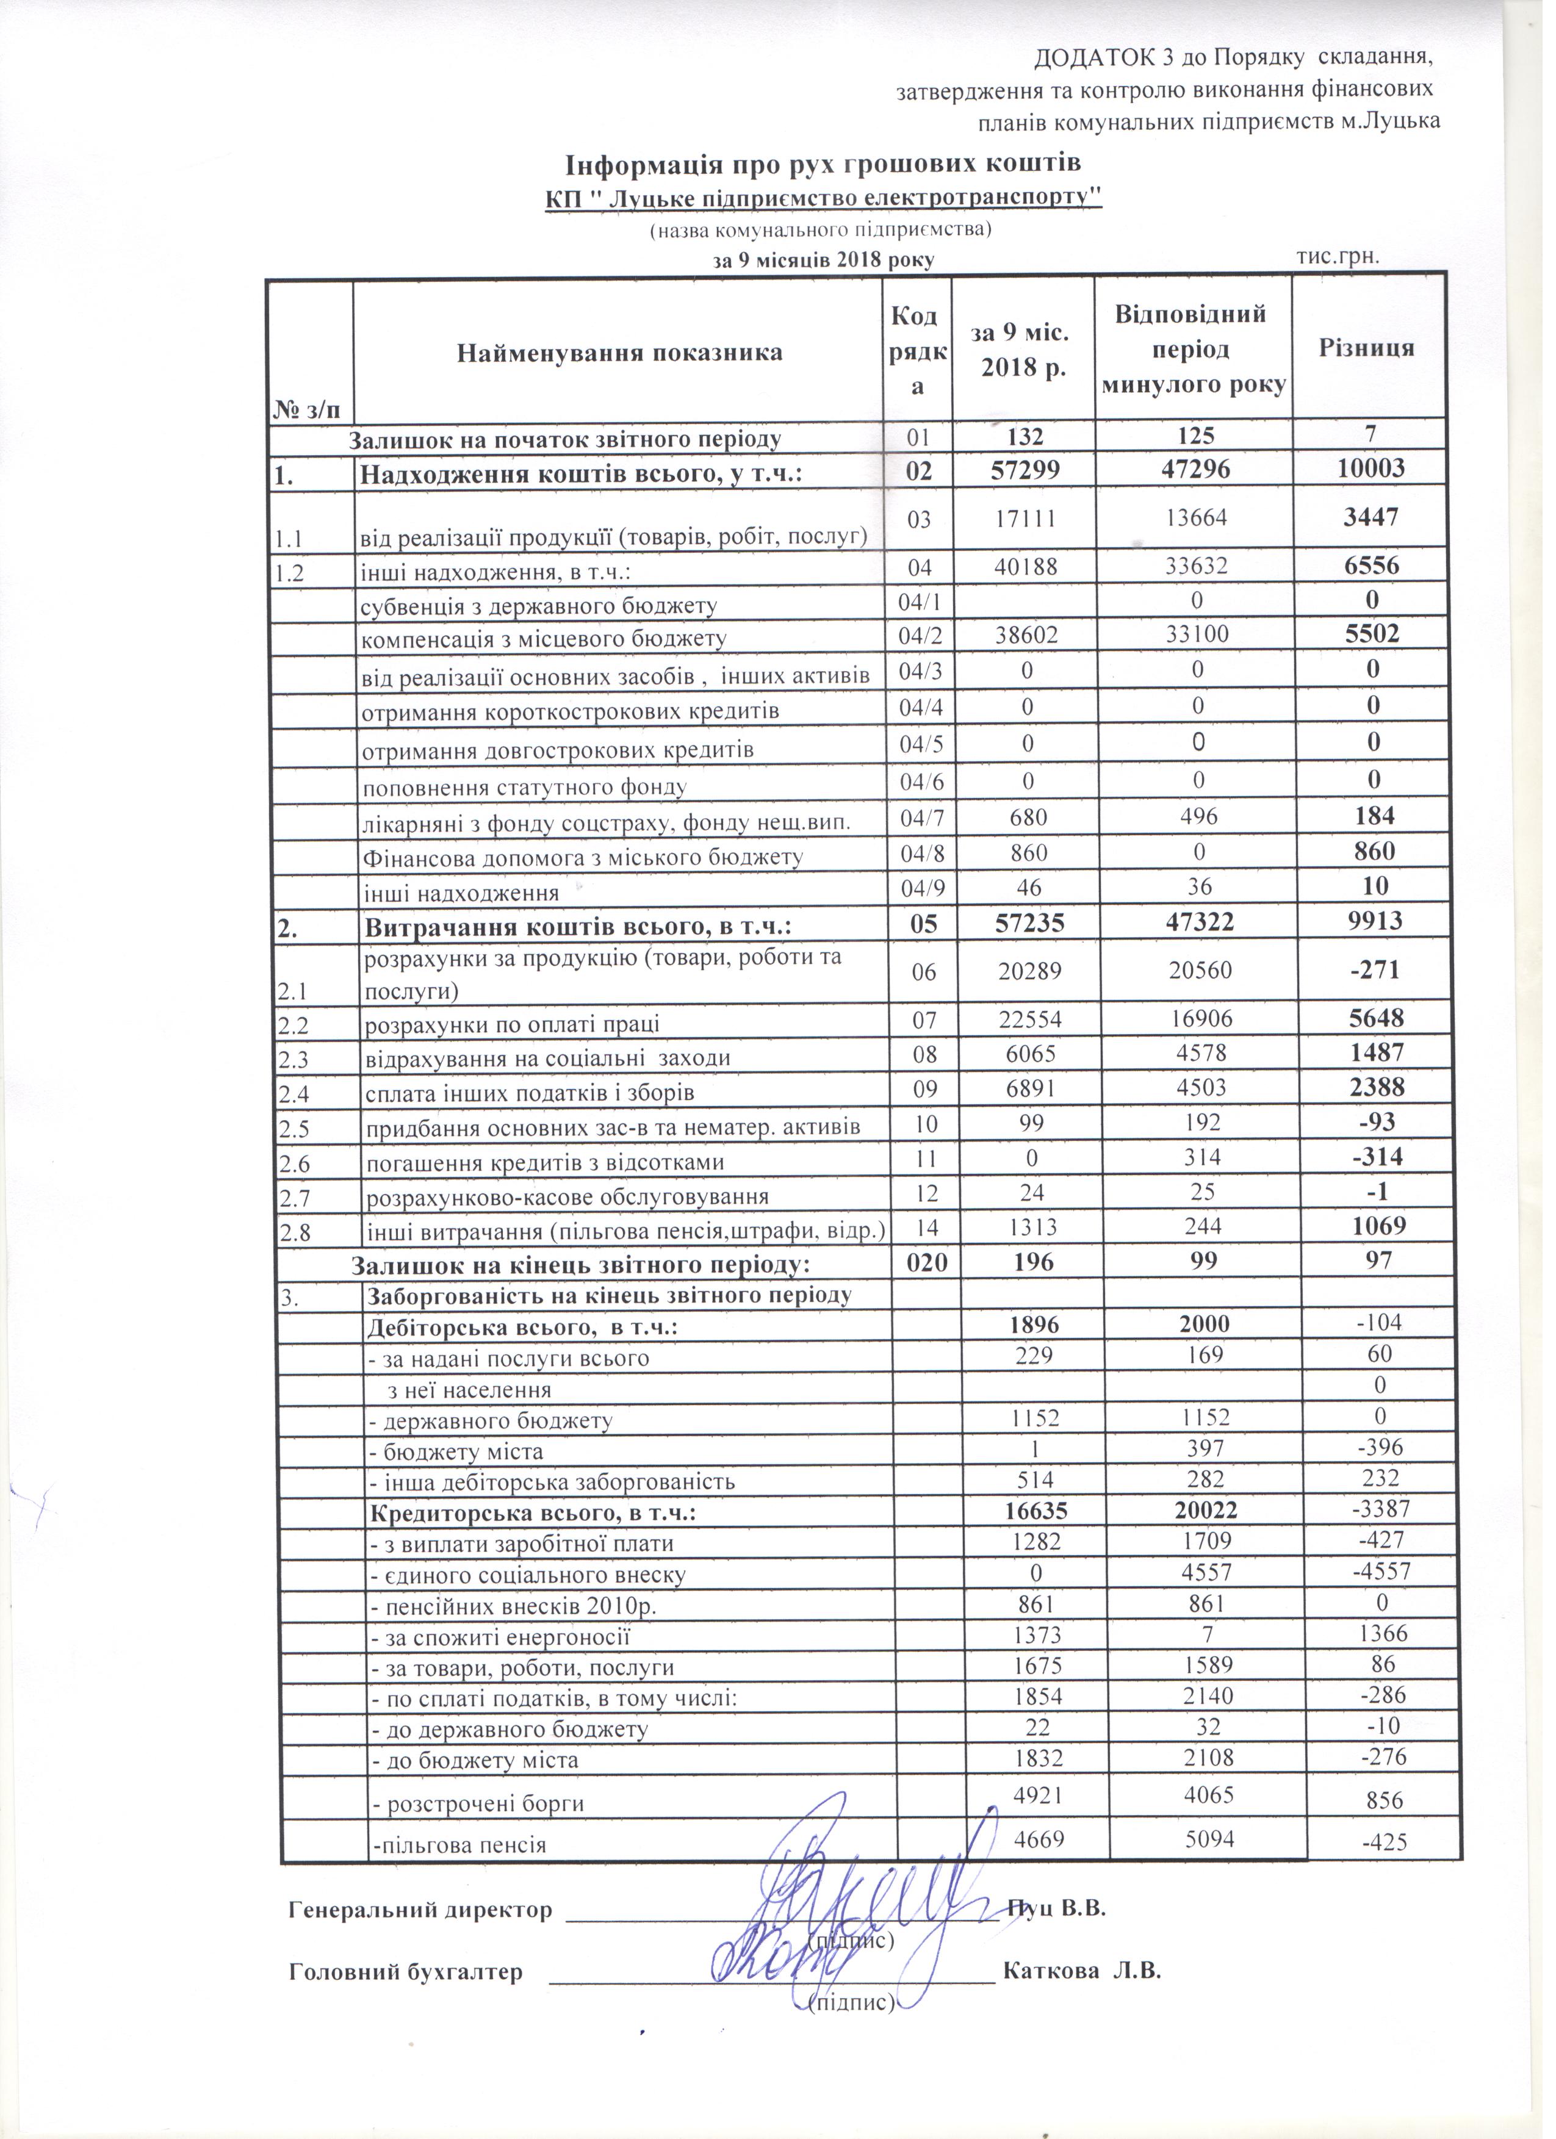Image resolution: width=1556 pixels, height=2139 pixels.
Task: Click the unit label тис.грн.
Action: pyautogui.click(x=1339, y=256)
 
